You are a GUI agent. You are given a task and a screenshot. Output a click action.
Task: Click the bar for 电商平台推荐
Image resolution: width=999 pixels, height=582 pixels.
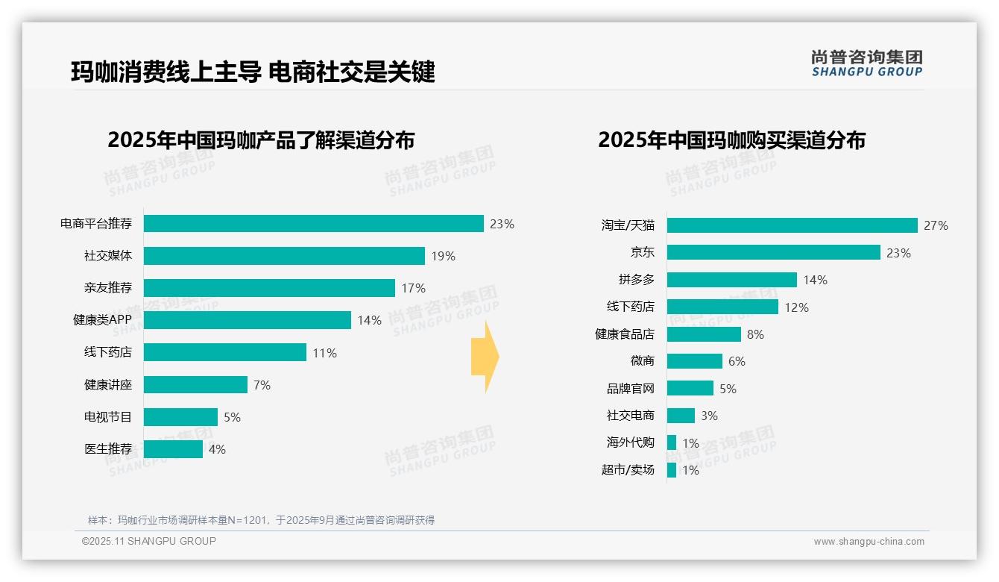tap(313, 224)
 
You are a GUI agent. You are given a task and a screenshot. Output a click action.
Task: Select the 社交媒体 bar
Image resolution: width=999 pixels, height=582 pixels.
tap(284, 256)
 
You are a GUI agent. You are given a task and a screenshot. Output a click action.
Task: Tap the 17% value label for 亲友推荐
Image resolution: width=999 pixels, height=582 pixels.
tap(413, 288)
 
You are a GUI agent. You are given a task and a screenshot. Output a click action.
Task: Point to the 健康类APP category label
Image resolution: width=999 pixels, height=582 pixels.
tap(102, 320)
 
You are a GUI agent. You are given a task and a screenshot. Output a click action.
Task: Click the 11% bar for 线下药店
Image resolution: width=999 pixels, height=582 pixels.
tap(224, 352)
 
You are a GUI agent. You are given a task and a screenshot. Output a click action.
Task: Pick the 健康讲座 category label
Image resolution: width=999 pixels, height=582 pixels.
tap(107, 385)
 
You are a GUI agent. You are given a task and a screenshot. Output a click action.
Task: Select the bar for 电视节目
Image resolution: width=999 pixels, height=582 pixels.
tap(180, 417)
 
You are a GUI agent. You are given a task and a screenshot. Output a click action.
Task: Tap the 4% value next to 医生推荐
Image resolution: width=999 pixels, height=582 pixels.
tap(217, 449)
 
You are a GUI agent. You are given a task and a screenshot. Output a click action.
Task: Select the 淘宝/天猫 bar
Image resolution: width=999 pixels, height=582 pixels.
tap(792, 225)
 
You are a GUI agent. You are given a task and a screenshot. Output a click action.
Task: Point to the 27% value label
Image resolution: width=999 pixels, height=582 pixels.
tap(936, 225)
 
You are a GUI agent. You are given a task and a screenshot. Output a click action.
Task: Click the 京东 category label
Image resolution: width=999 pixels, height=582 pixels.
tap(642, 253)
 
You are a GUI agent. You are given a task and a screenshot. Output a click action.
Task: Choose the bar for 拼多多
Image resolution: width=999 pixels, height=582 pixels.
tap(731, 280)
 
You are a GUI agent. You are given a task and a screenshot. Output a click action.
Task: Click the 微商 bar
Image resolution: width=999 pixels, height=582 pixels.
tap(694, 361)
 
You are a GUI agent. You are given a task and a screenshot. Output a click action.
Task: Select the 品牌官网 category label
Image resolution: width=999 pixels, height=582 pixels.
tap(630, 389)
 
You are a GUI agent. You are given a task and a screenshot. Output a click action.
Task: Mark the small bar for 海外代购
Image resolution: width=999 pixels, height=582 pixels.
tap(672, 442)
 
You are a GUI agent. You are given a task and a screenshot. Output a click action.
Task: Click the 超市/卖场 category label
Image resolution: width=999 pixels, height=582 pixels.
tap(628, 470)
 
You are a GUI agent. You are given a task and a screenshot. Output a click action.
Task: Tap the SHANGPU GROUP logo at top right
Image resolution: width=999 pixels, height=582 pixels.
tap(866, 63)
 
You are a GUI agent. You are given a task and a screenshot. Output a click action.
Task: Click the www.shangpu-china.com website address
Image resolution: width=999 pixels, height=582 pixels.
tap(869, 542)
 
